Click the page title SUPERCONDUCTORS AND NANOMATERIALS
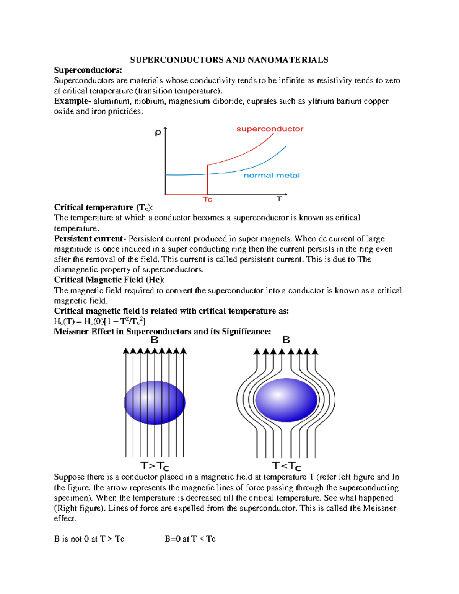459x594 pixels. click(229, 60)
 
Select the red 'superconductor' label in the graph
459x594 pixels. click(270, 129)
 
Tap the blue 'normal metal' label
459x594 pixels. click(272, 176)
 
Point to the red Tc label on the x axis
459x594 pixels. click(207, 199)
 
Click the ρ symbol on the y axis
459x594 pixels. click(158, 133)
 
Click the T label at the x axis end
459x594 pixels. click(279, 199)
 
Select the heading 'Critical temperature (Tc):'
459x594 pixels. click(103, 207)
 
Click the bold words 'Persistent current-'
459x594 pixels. click(90, 239)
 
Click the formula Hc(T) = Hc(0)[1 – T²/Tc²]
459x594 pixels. click(99, 321)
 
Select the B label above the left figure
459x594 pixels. click(155, 340)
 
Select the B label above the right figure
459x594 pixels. click(286, 340)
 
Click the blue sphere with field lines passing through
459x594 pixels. click(155, 402)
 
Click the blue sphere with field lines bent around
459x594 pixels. click(286, 400)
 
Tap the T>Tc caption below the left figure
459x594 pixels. click(155, 466)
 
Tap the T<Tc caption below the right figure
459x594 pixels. click(286, 466)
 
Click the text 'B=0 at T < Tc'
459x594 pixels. click(190, 539)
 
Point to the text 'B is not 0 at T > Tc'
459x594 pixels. click(89, 539)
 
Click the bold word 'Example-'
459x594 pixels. click(72, 101)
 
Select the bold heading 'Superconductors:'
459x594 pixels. click(88, 70)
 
